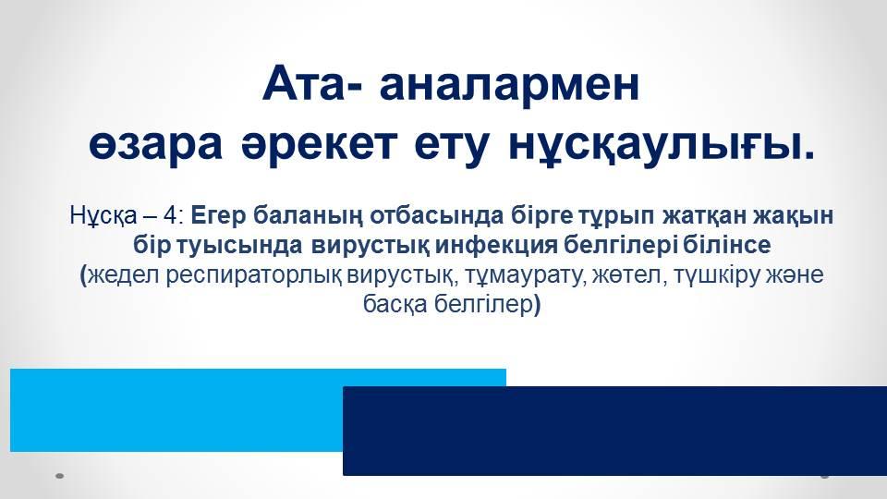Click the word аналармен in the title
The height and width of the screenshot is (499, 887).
(509, 84)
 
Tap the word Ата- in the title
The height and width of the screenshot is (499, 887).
(313, 84)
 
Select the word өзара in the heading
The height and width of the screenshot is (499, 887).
(155, 144)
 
